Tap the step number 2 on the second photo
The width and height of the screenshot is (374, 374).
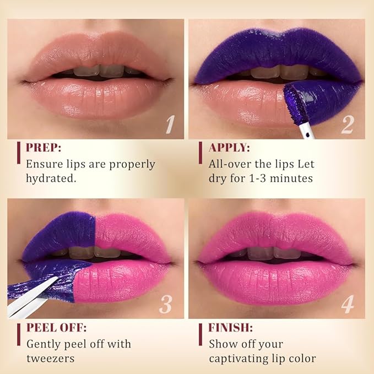pos(346,125)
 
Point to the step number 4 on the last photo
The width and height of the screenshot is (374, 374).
pos(347,305)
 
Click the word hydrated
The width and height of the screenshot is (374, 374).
pos(53,179)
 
